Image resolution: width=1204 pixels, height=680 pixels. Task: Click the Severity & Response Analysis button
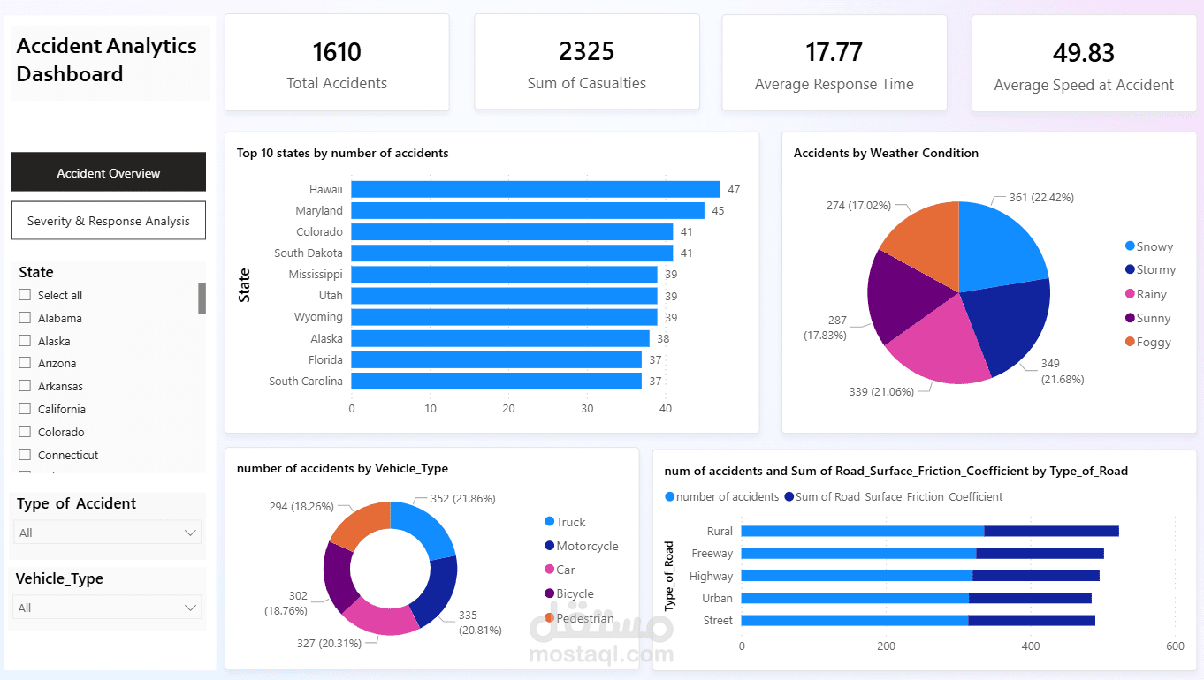(108, 221)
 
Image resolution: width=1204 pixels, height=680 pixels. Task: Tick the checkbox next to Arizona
(25, 363)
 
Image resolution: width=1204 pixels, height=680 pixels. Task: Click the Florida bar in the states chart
(496, 359)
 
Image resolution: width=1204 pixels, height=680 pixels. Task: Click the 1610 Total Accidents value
(337, 53)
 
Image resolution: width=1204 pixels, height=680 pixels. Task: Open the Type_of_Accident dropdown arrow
(190, 533)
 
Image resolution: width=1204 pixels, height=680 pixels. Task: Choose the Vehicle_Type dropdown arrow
(190, 608)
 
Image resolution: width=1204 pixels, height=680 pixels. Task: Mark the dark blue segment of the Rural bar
(1051, 531)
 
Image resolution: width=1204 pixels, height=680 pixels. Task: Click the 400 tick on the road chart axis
(1031, 646)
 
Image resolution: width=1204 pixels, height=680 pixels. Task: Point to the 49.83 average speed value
(1083, 53)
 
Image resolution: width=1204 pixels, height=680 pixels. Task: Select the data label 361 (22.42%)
(1041, 198)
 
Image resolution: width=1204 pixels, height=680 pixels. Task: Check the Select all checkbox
(25, 295)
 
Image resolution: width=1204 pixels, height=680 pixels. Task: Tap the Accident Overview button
(108, 172)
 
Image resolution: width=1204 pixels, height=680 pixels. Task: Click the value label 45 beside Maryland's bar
(718, 210)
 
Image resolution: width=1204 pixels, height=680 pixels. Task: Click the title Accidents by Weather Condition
(886, 153)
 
